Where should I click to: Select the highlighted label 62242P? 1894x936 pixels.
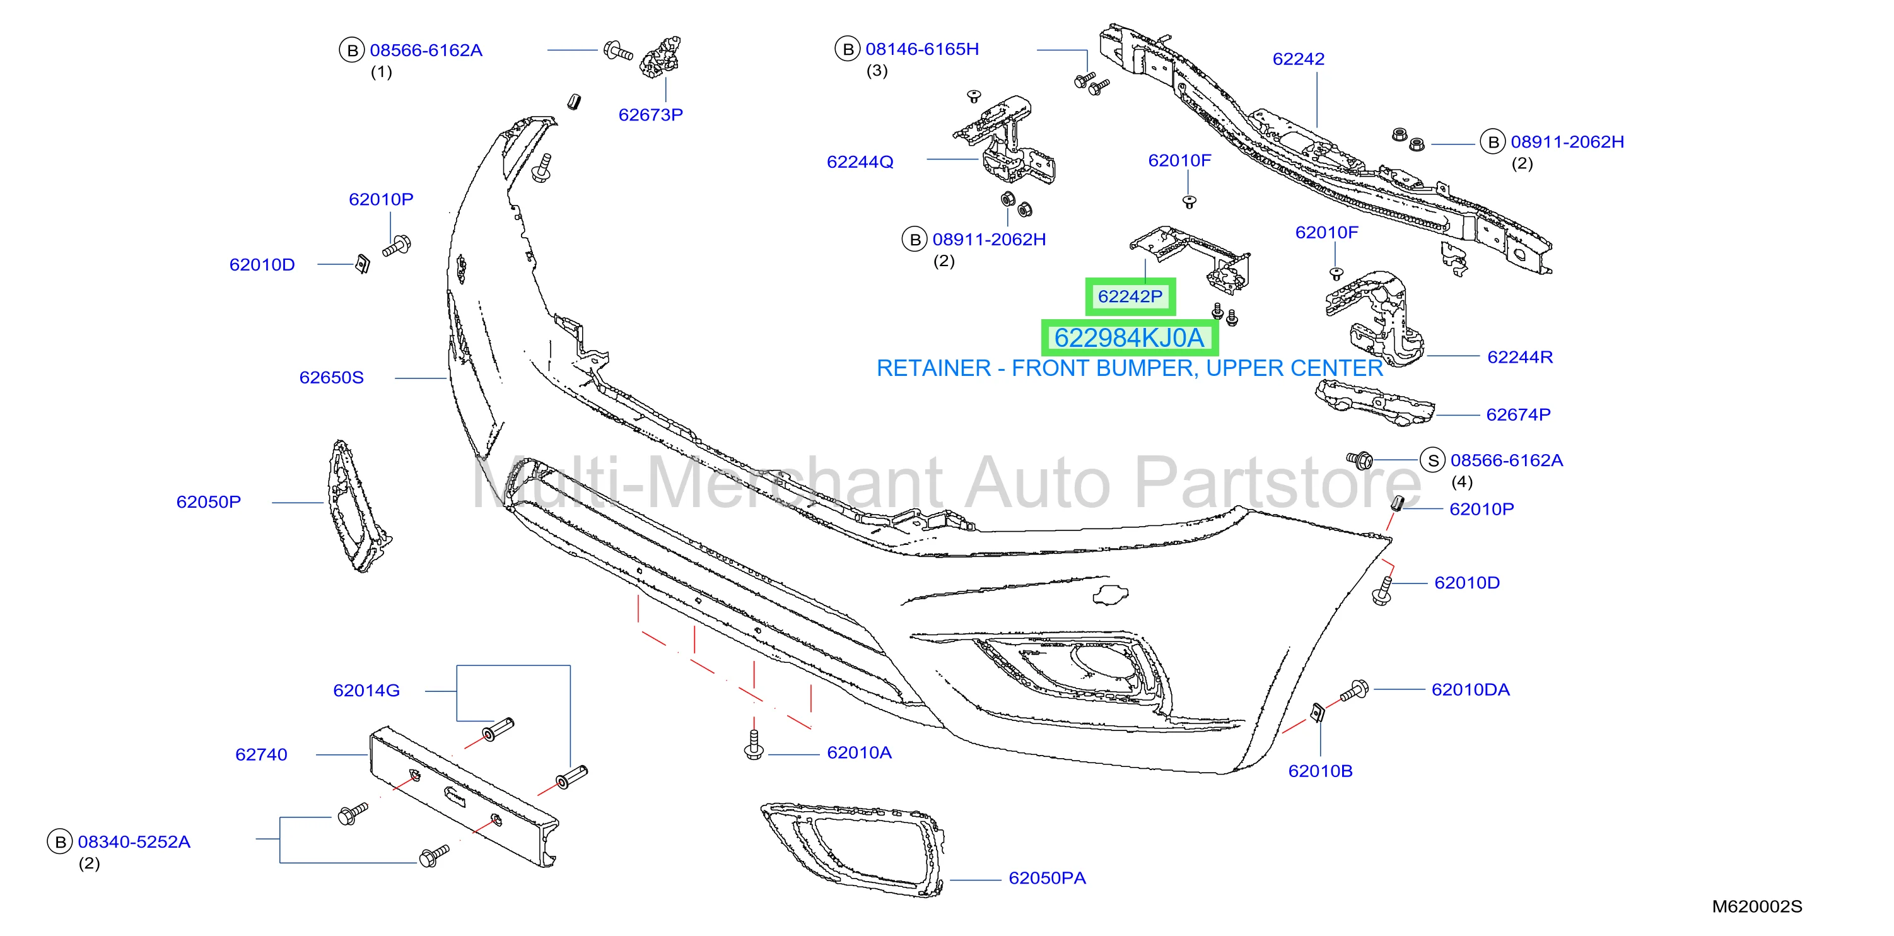click(x=1130, y=296)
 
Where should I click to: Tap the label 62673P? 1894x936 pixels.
click(x=651, y=115)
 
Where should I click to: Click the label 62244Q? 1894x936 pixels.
click(x=860, y=161)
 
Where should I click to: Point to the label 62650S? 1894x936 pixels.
click(x=332, y=377)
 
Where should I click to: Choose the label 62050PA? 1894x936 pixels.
click(x=1047, y=878)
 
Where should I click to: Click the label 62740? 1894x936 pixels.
click(x=261, y=754)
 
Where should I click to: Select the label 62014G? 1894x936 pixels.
click(x=366, y=691)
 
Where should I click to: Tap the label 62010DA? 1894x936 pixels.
click(x=1471, y=689)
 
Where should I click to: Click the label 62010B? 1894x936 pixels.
click(x=1321, y=771)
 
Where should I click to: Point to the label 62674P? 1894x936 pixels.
click(x=1518, y=414)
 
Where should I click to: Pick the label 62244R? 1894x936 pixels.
click(x=1520, y=358)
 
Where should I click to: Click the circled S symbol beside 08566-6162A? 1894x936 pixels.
click(x=1432, y=460)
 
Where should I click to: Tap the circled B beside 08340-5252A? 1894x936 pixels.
click(x=61, y=842)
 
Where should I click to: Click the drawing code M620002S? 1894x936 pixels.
click(x=1757, y=906)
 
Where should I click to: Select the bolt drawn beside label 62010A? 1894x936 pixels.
click(x=754, y=744)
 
